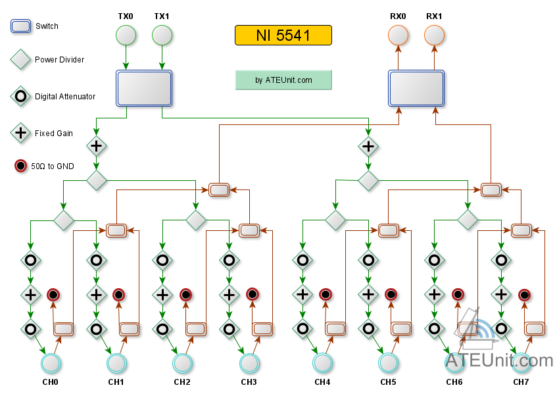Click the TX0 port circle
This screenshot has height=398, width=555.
126,35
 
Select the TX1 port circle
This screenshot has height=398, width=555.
162,35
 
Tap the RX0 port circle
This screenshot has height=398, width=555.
398,35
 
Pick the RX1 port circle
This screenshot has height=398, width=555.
434,35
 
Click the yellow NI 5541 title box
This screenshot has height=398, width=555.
283,35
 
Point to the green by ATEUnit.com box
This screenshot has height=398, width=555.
283,80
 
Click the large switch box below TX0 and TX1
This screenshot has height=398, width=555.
144,88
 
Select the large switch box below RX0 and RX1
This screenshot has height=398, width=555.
416,88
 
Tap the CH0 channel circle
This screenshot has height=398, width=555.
51,363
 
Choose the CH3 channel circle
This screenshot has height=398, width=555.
249,363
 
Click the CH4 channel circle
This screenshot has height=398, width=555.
322,363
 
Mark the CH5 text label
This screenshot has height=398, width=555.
388,382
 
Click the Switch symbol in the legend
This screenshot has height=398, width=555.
21,26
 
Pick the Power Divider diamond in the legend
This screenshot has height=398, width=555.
21,60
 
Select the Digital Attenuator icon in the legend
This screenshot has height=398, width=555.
21,96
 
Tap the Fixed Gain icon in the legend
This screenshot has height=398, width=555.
21,133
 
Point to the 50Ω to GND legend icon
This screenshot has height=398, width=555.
21,166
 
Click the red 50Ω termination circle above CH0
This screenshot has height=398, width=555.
53,295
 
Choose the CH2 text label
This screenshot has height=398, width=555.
182,382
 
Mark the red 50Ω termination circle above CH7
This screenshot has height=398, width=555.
524,295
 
